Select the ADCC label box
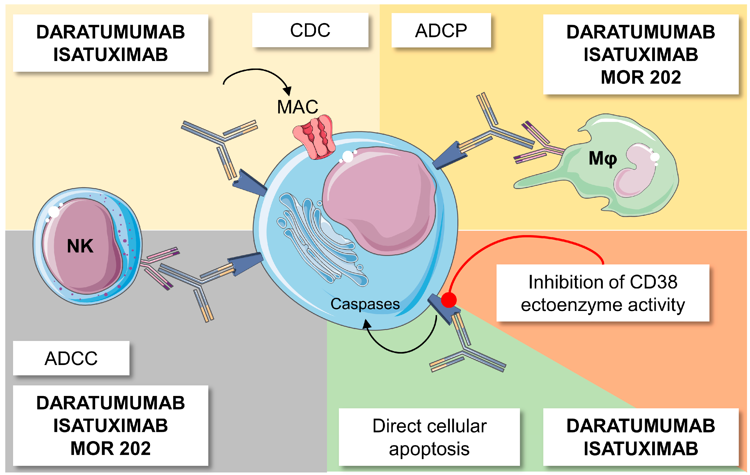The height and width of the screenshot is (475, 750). coord(71,358)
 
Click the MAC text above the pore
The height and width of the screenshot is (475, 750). coord(297,107)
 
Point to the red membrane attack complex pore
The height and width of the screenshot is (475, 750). coord(315,137)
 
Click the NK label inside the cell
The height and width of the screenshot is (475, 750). coord(80,246)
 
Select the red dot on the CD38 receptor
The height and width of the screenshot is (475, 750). coord(448,300)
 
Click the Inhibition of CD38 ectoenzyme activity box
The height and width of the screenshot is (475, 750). coord(603,293)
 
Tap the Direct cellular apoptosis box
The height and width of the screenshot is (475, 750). coord(429,437)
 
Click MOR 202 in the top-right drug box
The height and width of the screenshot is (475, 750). coord(641,77)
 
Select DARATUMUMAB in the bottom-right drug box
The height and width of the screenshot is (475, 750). coord(641,426)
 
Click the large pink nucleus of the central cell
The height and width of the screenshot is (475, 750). coord(380,199)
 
